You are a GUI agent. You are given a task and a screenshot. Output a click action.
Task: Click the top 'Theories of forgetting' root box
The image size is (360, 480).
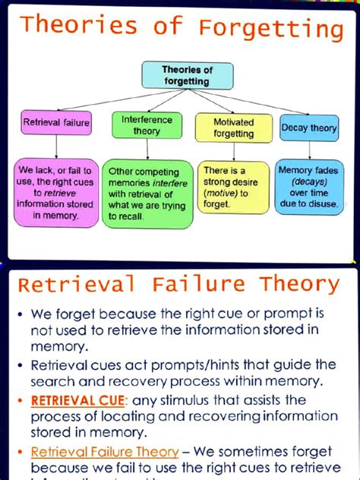pyautogui.click(x=186, y=75)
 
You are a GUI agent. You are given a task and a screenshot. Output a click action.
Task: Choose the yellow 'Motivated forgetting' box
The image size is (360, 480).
pyautogui.click(x=234, y=127)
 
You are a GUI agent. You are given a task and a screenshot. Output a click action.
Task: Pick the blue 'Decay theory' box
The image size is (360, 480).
pyautogui.click(x=308, y=128)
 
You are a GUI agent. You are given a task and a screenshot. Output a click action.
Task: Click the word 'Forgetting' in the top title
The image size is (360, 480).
pyautogui.click(x=271, y=29)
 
